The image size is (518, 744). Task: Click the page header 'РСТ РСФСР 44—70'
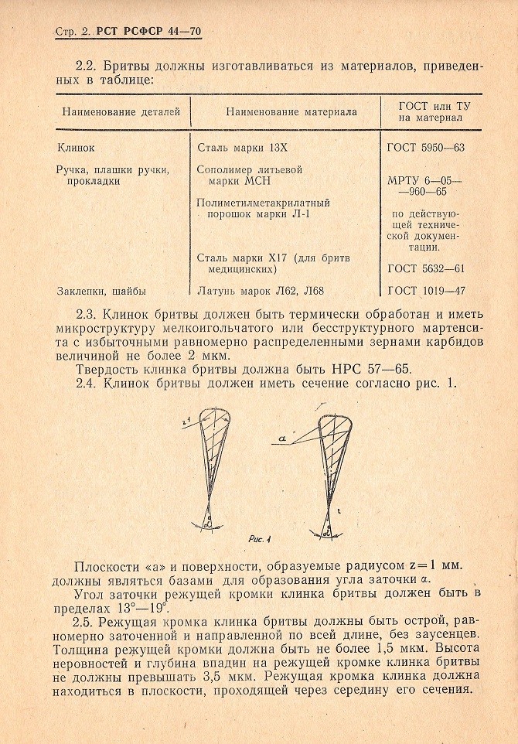[x=148, y=32]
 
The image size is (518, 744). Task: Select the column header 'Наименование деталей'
[x=121, y=111]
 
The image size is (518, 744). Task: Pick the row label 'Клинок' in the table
[x=76, y=146]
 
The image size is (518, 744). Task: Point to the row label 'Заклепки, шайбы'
[x=101, y=291]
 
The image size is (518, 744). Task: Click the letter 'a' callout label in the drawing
[x=283, y=438]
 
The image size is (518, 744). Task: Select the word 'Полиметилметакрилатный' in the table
[x=264, y=203]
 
